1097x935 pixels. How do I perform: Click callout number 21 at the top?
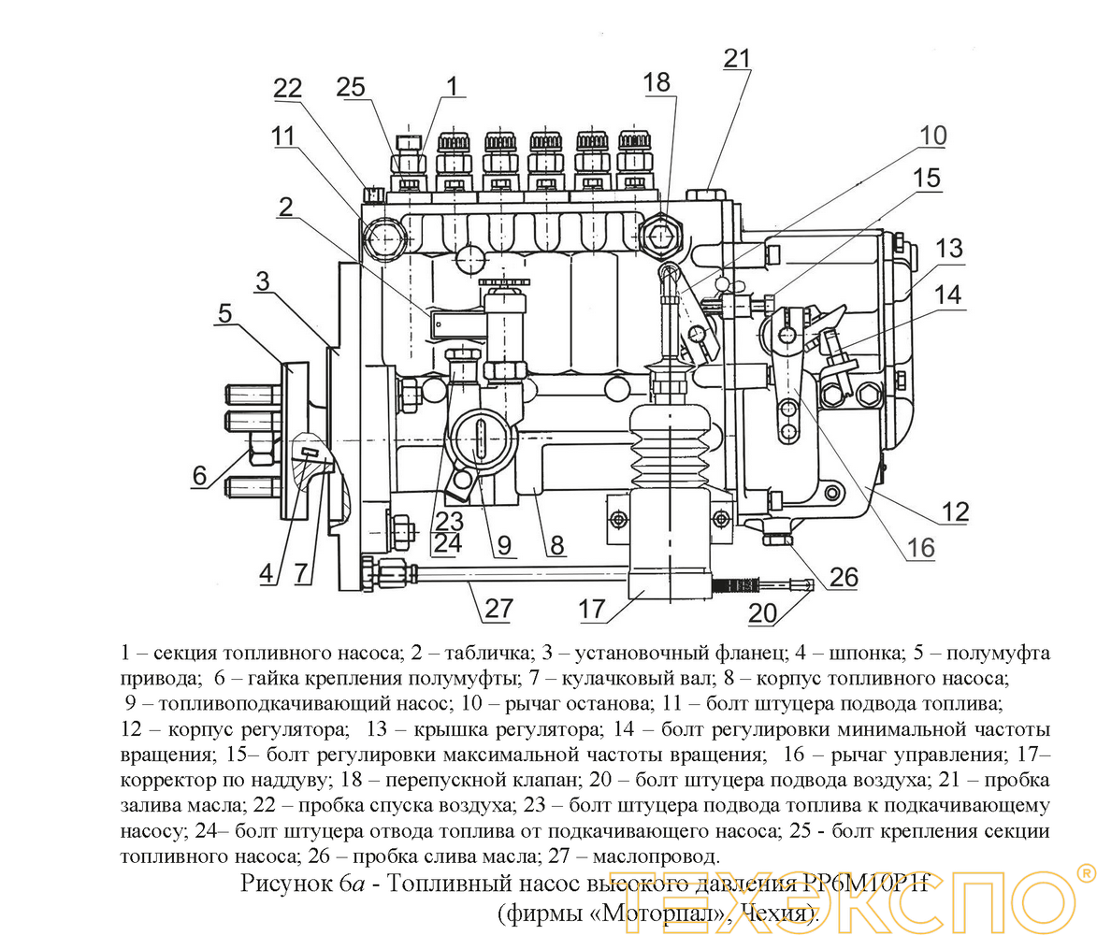736,58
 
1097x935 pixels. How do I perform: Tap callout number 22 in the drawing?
288,89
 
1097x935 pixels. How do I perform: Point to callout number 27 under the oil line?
498,609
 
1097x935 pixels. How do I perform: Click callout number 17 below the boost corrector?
592,610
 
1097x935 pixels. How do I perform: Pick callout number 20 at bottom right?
763,612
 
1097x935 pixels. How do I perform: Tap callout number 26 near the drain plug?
843,577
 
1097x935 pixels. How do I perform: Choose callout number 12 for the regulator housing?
955,511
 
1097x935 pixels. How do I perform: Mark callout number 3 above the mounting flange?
264,280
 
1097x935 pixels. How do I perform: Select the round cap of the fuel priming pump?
478,437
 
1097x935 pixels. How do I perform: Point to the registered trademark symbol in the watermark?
1085,873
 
